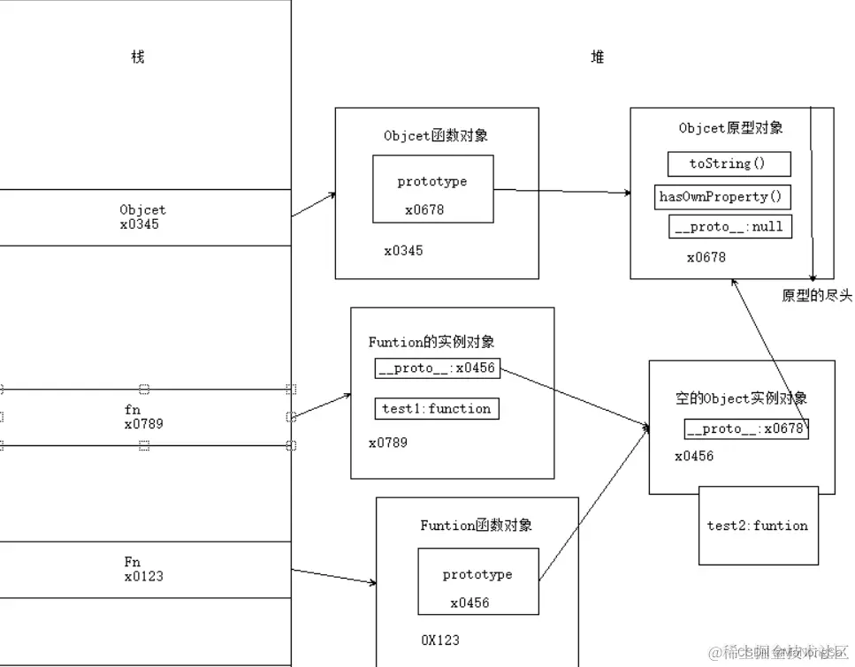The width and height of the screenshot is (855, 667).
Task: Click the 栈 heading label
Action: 137,57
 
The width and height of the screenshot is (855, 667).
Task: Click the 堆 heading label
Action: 598,57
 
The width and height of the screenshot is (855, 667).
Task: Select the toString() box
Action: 728,163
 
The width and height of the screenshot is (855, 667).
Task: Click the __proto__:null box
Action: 729,227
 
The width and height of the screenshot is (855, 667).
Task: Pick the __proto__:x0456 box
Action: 436,368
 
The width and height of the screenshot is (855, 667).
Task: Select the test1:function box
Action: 436,408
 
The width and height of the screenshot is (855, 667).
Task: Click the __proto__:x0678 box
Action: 746,428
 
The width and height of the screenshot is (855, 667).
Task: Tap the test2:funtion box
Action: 758,526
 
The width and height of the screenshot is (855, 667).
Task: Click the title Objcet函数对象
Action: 436,136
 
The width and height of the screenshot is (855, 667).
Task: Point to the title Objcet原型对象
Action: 731,128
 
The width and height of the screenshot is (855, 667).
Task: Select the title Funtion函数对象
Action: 477,526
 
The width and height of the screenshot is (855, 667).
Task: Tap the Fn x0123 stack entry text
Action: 142,569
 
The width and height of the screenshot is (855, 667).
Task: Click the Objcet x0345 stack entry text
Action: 141,217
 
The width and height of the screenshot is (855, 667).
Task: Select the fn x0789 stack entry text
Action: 143,417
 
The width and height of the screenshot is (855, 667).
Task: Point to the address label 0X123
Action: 440,640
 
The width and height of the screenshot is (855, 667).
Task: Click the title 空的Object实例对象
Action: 741,399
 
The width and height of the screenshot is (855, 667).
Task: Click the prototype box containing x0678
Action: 432,189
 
